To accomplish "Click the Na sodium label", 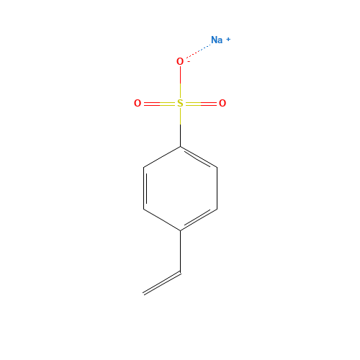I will tap(216, 40).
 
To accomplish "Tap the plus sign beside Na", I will tap(228, 39).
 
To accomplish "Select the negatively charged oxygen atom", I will tap(180, 62).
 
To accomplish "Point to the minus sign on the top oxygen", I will tap(188, 60).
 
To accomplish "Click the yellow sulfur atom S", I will tap(180, 104).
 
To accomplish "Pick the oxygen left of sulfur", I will tap(138, 104).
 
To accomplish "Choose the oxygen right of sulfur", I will tap(222, 104).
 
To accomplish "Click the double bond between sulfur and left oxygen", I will tap(158, 104).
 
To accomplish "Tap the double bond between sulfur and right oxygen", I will tap(202, 104).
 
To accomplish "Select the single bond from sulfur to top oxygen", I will tap(180, 82).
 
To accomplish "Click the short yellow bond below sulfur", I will tap(180, 117).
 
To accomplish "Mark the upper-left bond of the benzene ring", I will tap(162, 157).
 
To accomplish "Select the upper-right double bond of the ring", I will tap(198, 157).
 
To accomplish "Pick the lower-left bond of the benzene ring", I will tap(162, 220).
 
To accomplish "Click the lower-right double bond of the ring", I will tap(198, 220).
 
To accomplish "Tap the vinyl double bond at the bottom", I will tap(162, 283).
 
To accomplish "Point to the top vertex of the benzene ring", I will tap(180, 147).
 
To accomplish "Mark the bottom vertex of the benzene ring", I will tap(180, 230).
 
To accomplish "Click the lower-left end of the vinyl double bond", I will tap(145, 293).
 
